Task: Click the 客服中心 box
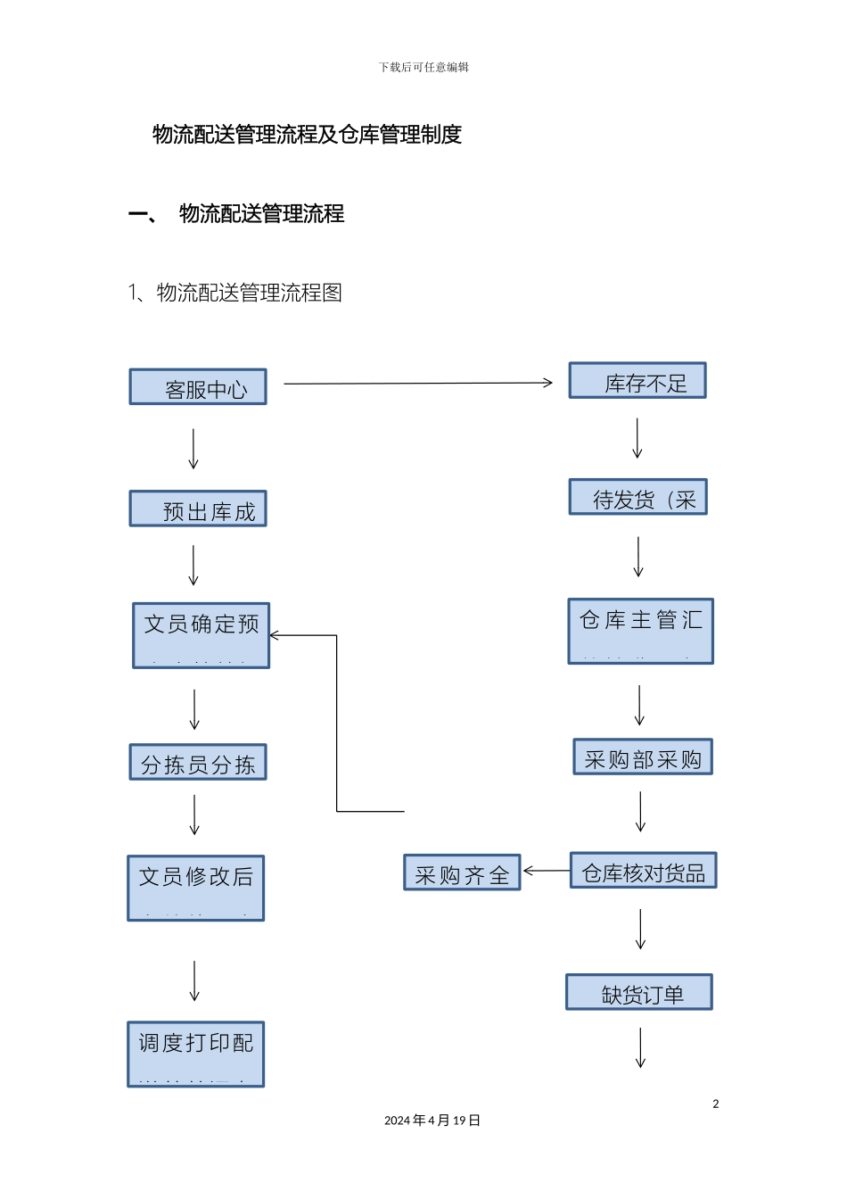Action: (x=198, y=387)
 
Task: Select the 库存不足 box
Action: (x=637, y=381)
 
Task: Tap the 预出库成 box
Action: (x=198, y=509)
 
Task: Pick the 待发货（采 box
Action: (x=638, y=498)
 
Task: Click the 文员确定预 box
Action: (x=201, y=635)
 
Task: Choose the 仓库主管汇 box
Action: (x=641, y=632)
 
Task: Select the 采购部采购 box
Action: (x=643, y=757)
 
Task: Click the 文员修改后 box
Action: (x=196, y=889)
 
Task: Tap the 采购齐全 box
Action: (x=462, y=873)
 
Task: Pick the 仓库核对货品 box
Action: (x=643, y=872)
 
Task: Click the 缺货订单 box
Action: (x=639, y=993)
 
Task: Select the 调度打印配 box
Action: (x=196, y=1054)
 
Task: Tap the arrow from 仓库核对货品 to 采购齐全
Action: (x=546, y=871)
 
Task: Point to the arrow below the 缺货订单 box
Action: (x=640, y=1047)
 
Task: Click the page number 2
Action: (x=716, y=1104)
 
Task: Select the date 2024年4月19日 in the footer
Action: (x=432, y=1120)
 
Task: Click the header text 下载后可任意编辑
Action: (x=423, y=67)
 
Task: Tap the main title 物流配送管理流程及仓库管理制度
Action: (x=308, y=135)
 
